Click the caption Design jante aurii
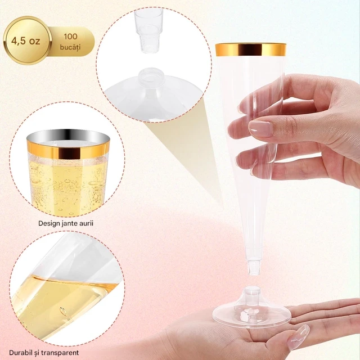[66, 223]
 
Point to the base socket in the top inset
[148, 75]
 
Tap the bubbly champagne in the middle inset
[67, 186]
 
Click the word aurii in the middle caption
[86, 223]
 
